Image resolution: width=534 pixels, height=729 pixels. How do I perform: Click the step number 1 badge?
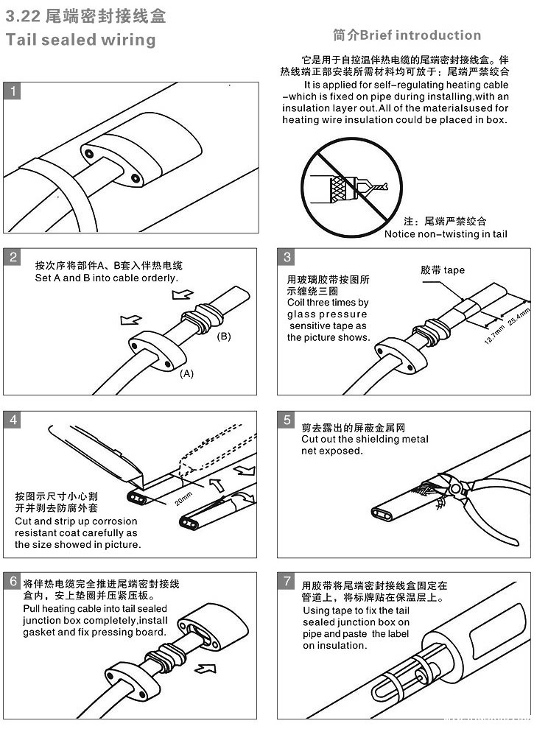[13, 91]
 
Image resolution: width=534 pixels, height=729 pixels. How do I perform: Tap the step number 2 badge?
[13, 257]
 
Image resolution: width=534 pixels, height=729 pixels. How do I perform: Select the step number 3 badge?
[287, 257]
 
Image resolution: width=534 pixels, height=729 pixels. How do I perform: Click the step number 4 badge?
[13, 420]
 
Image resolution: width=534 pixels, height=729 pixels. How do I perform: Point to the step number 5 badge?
[287, 420]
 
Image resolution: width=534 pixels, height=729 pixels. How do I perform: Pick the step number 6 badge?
[13, 581]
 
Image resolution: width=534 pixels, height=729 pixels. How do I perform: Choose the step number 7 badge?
[287, 581]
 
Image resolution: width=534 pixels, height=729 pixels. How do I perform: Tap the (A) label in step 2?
[187, 373]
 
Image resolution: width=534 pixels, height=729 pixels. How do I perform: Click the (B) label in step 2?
[224, 337]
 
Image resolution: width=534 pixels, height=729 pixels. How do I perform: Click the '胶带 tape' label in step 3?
[442, 270]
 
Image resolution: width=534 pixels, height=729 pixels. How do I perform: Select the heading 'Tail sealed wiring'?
[80, 40]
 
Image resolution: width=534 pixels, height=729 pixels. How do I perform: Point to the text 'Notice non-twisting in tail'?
[446, 234]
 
